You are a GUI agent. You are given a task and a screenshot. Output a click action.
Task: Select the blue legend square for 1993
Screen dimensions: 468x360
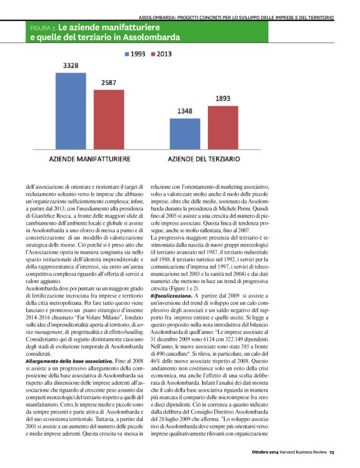(x=128, y=54)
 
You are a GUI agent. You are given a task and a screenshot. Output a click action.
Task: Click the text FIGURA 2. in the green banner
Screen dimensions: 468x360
(x=43, y=29)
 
